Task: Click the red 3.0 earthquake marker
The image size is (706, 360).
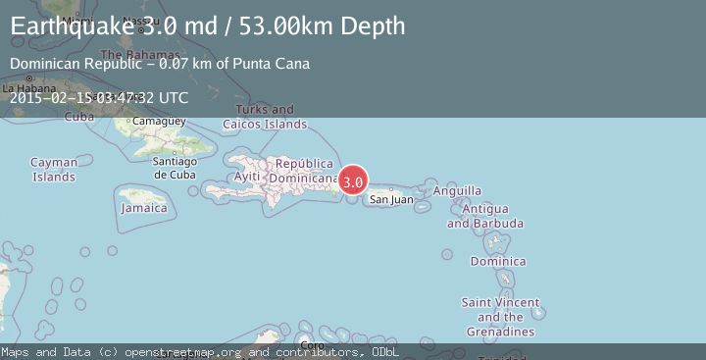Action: (x=353, y=181)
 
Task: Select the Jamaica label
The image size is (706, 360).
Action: (x=143, y=208)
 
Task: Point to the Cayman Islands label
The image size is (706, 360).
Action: (x=53, y=170)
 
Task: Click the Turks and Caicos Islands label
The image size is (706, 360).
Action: (x=265, y=117)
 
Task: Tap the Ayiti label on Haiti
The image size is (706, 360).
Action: (x=247, y=176)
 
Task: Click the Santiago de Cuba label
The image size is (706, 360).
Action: (x=176, y=168)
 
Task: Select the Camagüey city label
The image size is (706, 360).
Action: (x=158, y=121)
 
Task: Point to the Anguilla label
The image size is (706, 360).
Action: (x=464, y=190)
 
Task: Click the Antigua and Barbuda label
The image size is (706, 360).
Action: (x=485, y=216)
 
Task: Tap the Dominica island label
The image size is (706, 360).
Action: (x=498, y=261)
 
